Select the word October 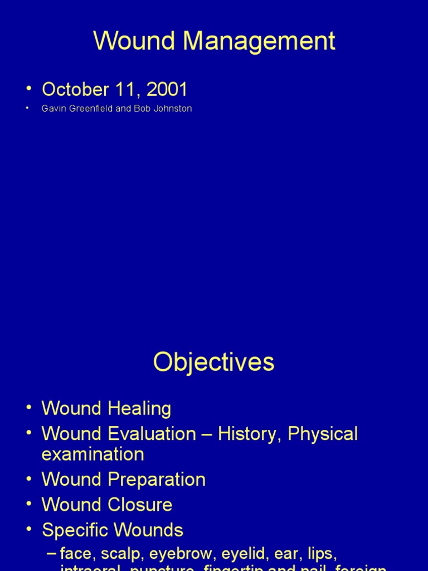73,89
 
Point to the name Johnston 173,109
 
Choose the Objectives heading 214,362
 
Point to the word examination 93,454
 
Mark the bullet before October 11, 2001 28,89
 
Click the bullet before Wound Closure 28,505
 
